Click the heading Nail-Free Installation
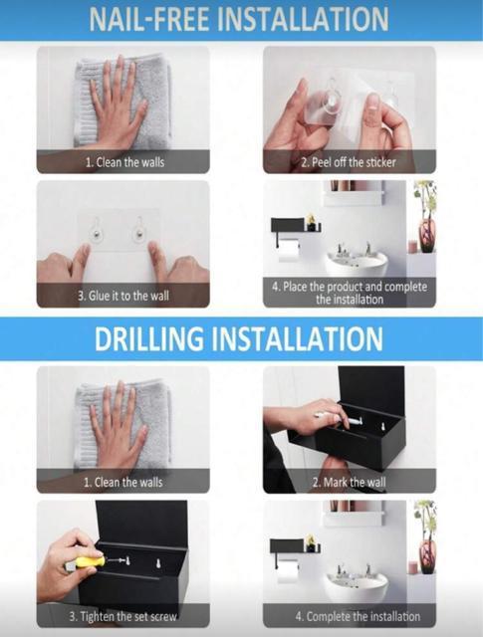[x=239, y=19]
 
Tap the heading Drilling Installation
[x=239, y=338]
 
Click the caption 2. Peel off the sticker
[x=349, y=162]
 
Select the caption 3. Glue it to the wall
[x=123, y=296]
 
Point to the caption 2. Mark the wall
[x=349, y=482]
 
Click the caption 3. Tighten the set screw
[x=122, y=616]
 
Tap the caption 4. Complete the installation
[x=358, y=616]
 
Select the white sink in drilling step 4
[x=355, y=584]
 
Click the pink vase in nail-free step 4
[x=427, y=236]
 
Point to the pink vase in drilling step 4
[x=427, y=555]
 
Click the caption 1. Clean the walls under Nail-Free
[x=124, y=162]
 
